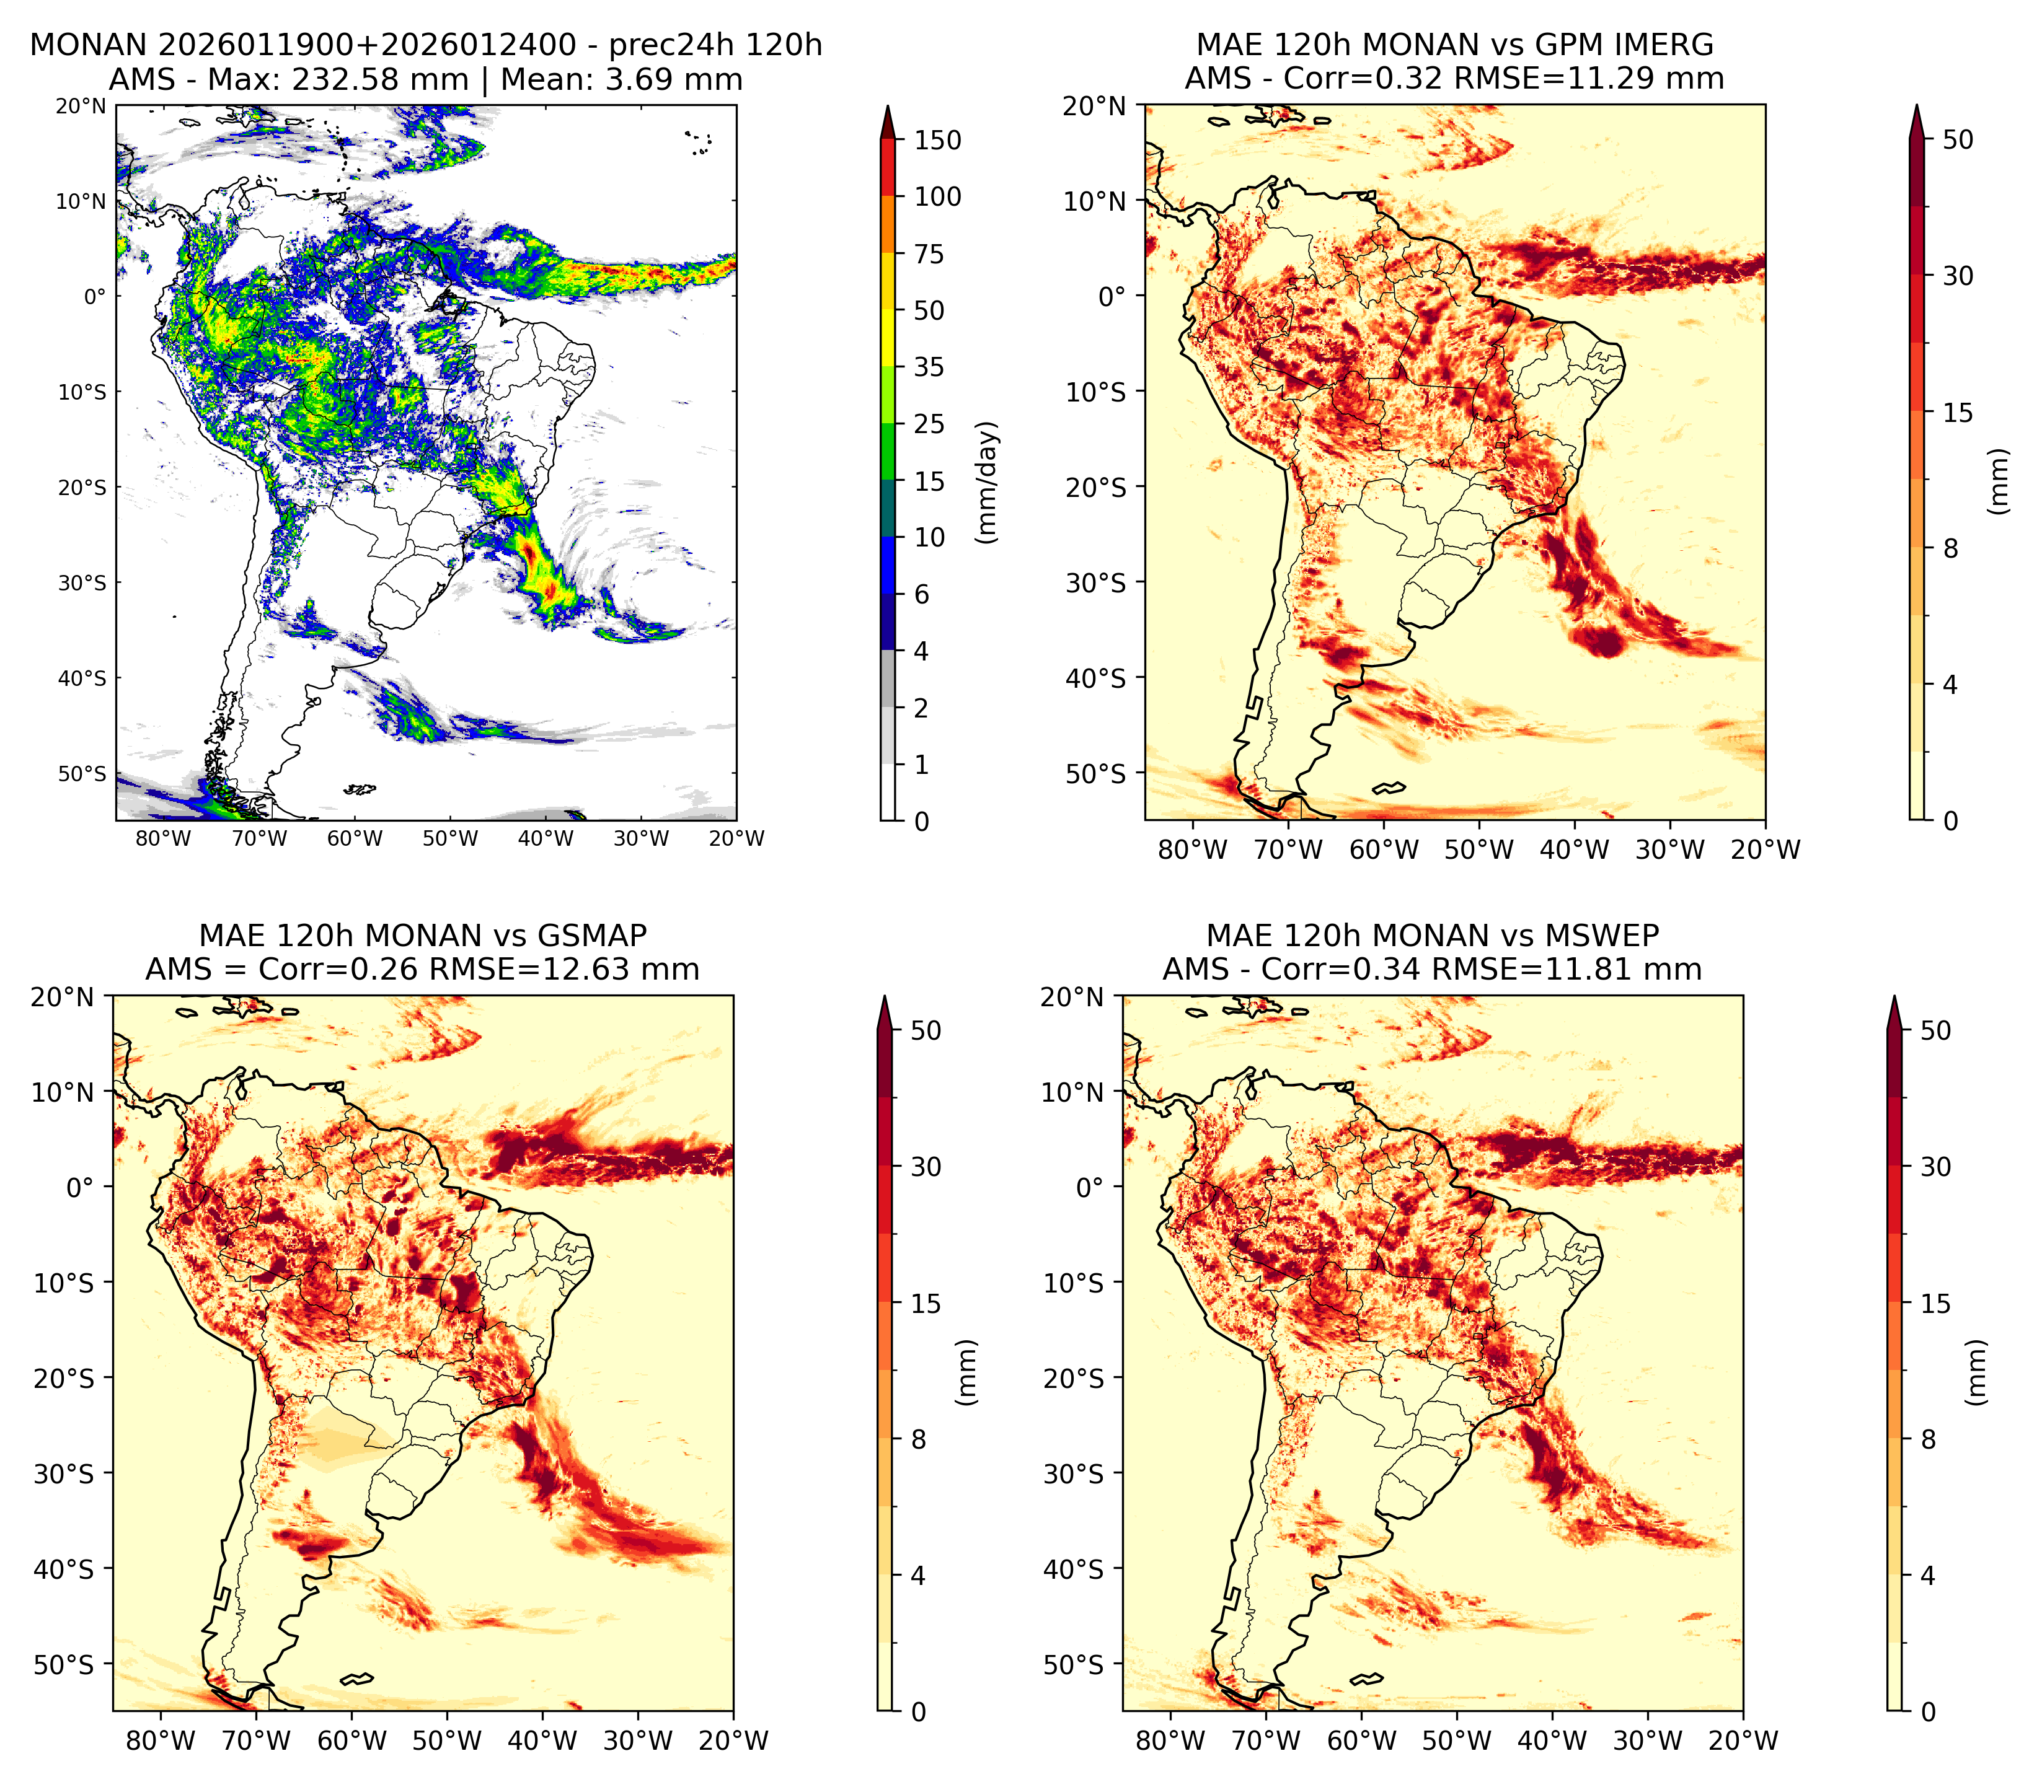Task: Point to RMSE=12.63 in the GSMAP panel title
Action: pos(565,970)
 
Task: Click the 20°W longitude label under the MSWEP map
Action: pos(1744,1741)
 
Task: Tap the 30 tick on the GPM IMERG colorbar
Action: pos(1958,276)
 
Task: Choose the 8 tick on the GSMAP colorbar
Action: pos(918,1440)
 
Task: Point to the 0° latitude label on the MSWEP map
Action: pos(1090,1187)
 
